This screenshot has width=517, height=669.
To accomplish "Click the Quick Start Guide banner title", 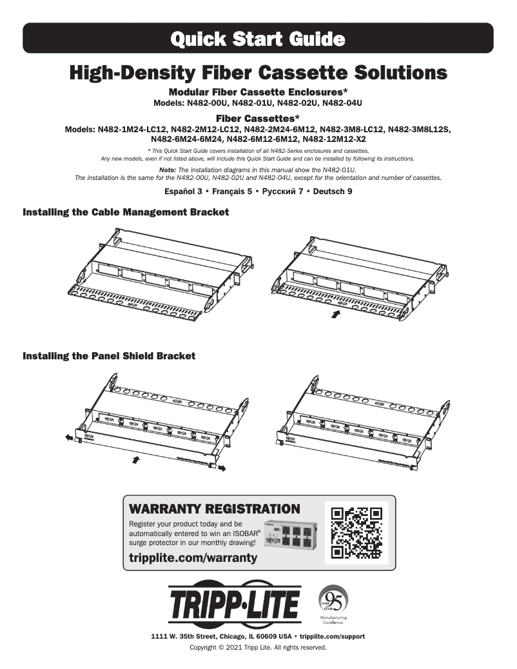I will (258, 39).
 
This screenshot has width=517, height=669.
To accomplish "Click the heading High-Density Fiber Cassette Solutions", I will (258, 72).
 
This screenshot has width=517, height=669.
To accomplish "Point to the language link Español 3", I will (184, 192).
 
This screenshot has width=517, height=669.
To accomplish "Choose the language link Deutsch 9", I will (333, 192).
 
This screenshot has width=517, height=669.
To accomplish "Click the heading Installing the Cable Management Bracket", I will (126, 212).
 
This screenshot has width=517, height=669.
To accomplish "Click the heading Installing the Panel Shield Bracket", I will (109, 355).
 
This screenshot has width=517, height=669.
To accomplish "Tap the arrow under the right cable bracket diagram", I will (335, 314).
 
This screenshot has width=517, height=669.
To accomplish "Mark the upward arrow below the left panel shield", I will (135, 459).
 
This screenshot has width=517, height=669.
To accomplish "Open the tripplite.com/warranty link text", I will (193, 557).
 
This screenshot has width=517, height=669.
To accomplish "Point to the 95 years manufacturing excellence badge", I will (333, 604).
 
